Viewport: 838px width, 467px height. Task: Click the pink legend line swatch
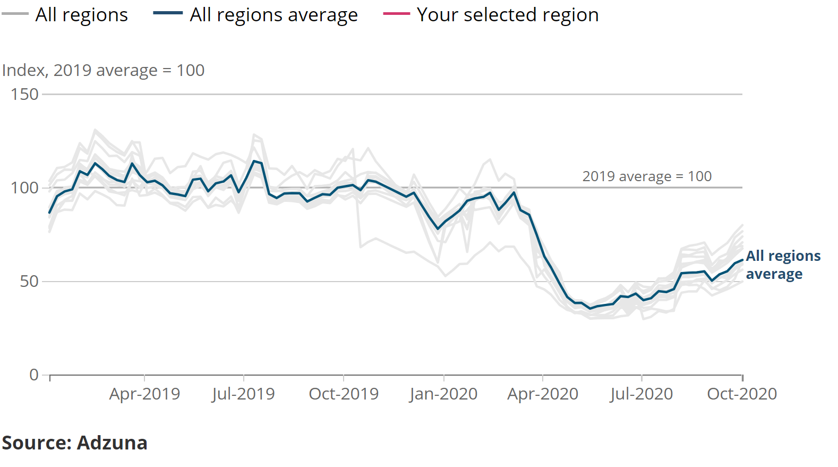pyautogui.click(x=396, y=14)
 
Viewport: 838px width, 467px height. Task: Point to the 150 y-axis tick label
pyautogui.click(x=24, y=95)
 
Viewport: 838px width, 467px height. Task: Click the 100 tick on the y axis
pyautogui.click(x=24, y=188)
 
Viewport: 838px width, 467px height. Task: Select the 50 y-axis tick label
pyautogui.click(x=29, y=282)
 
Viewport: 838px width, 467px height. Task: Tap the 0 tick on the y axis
pyautogui.click(x=34, y=375)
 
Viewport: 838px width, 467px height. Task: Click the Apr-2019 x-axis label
pyautogui.click(x=144, y=394)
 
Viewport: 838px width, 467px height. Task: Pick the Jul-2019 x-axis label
pyautogui.click(x=243, y=394)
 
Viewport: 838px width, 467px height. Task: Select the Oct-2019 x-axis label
pyautogui.click(x=344, y=394)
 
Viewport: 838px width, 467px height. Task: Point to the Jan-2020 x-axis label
pyautogui.click(x=443, y=394)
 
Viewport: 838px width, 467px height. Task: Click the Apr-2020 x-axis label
pyautogui.click(x=543, y=394)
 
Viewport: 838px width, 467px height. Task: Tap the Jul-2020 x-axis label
pyautogui.click(x=642, y=394)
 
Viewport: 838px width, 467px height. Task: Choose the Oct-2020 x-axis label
pyautogui.click(x=742, y=394)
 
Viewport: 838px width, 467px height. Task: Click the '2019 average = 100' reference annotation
pyautogui.click(x=647, y=176)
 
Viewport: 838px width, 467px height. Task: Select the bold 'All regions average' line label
pyautogui.click(x=783, y=265)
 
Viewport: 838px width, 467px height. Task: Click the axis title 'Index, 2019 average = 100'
pyautogui.click(x=104, y=71)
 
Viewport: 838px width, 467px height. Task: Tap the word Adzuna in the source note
pyautogui.click(x=112, y=443)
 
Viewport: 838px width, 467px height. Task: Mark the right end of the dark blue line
pyautogui.click(x=742, y=260)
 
